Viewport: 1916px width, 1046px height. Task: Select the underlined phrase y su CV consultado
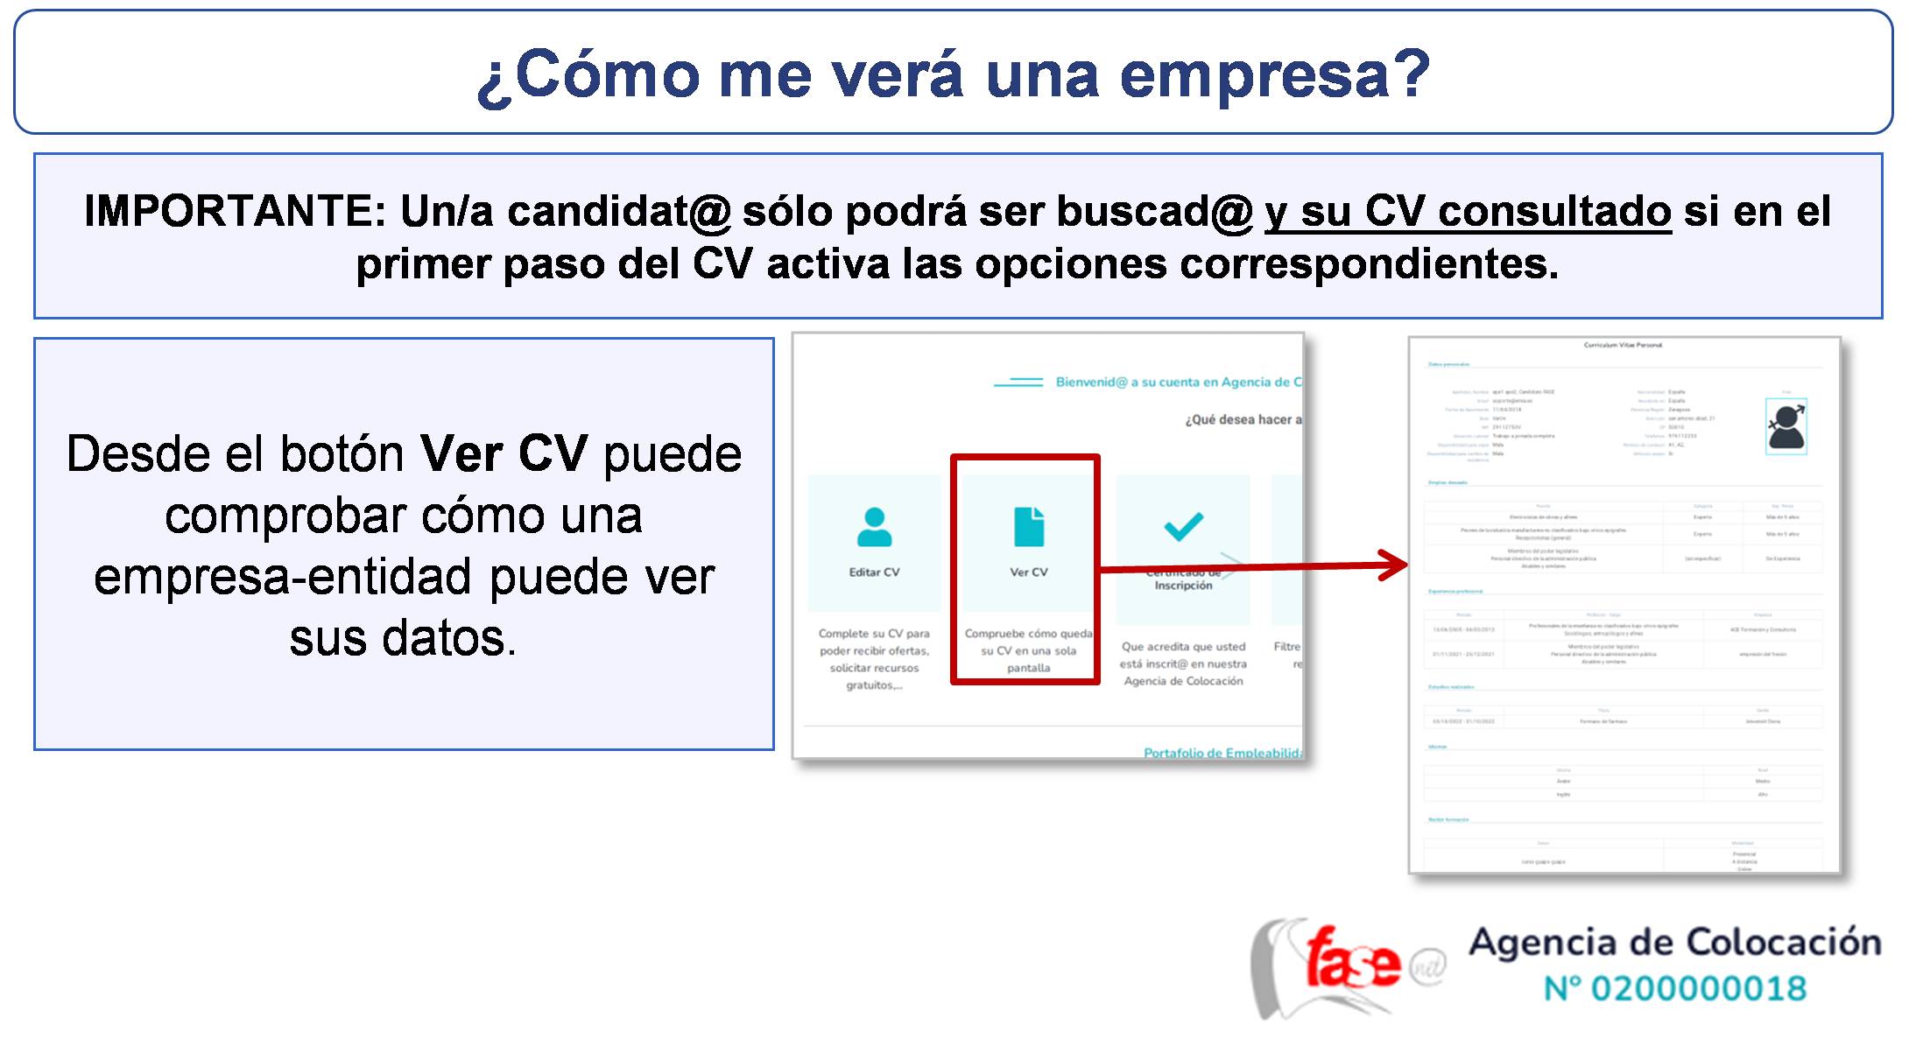click(x=1468, y=212)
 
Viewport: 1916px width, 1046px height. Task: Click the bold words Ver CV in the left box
click(x=504, y=454)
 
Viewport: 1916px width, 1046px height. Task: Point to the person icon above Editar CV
click(x=874, y=527)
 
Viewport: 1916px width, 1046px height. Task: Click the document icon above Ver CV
click(x=1029, y=527)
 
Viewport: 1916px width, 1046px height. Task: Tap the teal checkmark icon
click(x=1183, y=526)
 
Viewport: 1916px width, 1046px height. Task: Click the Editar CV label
click(x=874, y=572)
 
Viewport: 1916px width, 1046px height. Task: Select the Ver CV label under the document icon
click(x=1029, y=572)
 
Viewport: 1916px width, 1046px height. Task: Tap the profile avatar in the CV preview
click(x=1786, y=426)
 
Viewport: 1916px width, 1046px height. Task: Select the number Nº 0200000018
click(x=1674, y=989)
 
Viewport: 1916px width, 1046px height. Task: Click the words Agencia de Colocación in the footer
click(x=1674, y=943)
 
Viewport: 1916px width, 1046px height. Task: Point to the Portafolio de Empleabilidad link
click(x=1222, y=753)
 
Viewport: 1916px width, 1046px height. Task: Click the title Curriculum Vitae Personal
click(x=1623, y=346)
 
